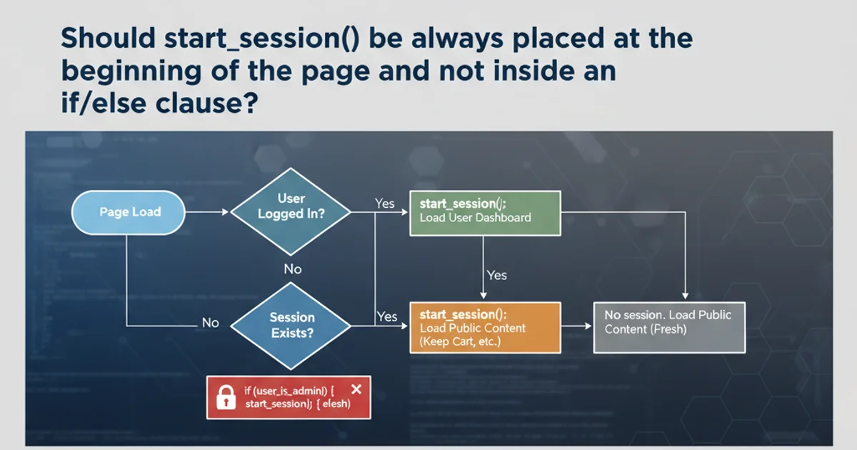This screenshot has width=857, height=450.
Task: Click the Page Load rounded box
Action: (x=129, y=212)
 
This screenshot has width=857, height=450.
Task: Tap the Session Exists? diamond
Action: (x=291, y=325)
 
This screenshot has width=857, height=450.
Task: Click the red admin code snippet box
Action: (x=289, y=397)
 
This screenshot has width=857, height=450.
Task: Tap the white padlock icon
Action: (x=226, y=397)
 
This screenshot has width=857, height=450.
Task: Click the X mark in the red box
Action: (x=357, y=389)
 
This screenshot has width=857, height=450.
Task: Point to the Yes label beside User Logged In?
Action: (x=385, y=204)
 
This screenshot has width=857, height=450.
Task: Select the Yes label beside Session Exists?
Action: (x=386, y=316)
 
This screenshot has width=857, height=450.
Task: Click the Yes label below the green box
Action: (x=496, y=275)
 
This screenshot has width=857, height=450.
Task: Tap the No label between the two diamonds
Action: (x=292, y=269)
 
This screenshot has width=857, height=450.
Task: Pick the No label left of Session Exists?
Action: (x=210, y=323)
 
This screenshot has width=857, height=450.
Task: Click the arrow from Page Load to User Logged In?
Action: (x=207, y=212)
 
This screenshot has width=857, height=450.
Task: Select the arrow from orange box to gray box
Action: (x=577, y=326)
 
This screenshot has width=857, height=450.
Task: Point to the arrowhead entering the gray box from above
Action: (x=686, y=294)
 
